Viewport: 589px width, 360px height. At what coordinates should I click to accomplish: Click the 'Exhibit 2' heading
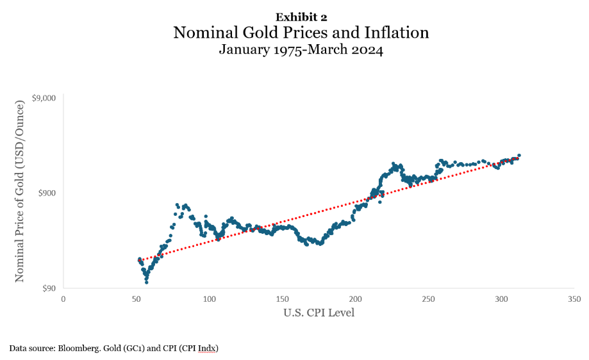pos(301,17)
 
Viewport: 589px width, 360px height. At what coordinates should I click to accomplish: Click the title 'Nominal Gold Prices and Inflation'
pos(301,33)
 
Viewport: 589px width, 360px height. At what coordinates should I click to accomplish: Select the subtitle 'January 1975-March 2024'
pos(301,49)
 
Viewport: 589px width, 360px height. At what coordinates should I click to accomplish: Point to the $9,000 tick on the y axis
pos(44,98)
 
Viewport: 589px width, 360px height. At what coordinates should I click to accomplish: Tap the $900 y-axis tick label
pos(47,193)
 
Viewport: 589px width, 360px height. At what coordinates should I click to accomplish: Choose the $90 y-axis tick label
pos(49,288)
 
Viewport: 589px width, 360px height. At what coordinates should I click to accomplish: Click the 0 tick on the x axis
pos(63,299)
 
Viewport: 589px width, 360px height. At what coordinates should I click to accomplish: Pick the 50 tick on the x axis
pos(137,299)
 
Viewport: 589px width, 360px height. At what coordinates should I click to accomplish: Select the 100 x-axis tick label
pos(210,299)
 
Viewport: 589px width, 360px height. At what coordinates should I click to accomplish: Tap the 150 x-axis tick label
pos(283,299)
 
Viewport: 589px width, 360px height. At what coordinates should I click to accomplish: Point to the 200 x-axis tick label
pos(356,299)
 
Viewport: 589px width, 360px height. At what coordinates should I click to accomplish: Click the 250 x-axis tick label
pos(429,299)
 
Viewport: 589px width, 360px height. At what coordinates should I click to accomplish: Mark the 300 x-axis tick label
pos(502,299)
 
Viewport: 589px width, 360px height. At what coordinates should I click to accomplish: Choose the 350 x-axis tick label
pos(575,299)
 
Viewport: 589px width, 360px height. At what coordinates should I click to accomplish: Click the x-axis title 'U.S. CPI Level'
pos(319,313)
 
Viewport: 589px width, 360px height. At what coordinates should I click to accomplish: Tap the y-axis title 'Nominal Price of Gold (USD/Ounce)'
pos(20,193)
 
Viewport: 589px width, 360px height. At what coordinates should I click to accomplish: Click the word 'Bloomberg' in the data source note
pos(76,348)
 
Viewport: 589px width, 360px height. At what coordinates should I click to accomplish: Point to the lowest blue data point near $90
pos(146,282)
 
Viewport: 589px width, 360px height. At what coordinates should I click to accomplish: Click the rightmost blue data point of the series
pos(519,155)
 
